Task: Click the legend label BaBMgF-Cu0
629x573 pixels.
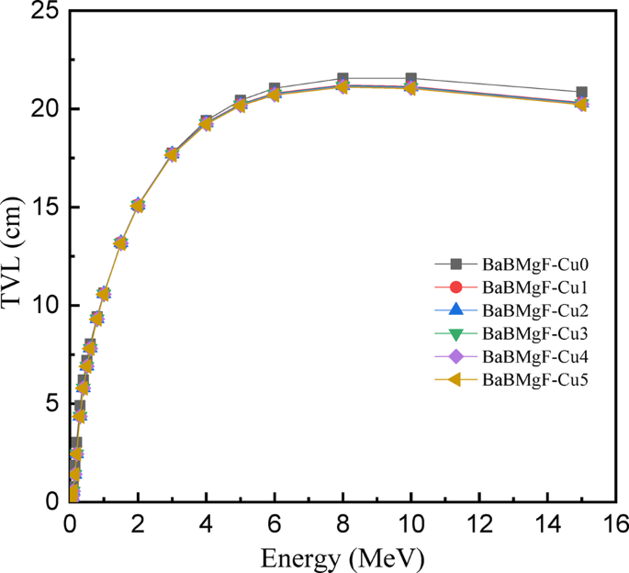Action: pyautogui.click(x=534, y=264)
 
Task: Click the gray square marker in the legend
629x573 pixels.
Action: pyautogui.click(x=455, y=264)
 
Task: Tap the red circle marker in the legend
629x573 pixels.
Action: pyautogui.click(x=455, y=287)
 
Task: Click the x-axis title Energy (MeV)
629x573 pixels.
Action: pyautogui.click(x=343, y=556)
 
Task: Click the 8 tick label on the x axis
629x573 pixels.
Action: pyautogui.click(x=343, y=523)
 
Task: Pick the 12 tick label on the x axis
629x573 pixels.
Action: pyautogui.click(x=479, y=523)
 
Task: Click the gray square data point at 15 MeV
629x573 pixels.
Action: pyautogui.click(x=581, y=94)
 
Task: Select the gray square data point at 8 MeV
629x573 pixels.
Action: pyautogui.click(x=343, y=79)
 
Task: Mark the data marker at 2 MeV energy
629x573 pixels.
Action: pyautogui.click(x=138, y=205)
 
